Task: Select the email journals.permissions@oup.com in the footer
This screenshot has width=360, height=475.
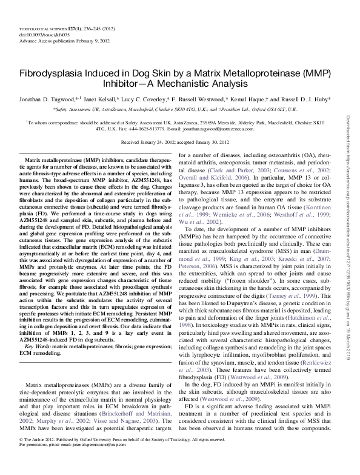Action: (x=82, y=459)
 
